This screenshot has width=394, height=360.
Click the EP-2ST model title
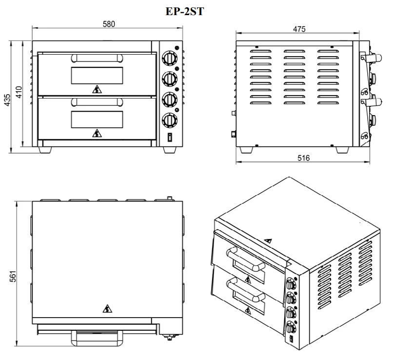(x=185, y=12)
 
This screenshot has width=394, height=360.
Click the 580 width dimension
(x=109, y=24)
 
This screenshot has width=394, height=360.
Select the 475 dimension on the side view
(x=299, y=29)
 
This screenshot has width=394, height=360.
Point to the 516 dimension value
(x=303, y=158)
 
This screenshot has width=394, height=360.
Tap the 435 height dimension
(x=7, y=100)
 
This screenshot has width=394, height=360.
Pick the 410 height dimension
(x=19, y=92)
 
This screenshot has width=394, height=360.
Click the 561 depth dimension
(x=13, y=276)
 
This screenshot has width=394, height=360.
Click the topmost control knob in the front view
(x=170, y=59)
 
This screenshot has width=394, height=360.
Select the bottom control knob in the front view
(x=170, y=120)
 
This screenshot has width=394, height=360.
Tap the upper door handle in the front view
(x=97, y=59)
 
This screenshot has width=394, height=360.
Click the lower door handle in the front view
(x=97, y=102)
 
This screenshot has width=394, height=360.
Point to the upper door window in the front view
(x=97, y=76)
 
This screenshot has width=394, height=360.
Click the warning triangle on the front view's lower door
(x=97, y=133)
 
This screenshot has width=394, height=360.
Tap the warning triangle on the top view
(x=107, y=308)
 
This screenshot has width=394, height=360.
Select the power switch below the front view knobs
(x=170, y=137)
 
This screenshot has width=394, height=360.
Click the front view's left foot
(x=45, y=150)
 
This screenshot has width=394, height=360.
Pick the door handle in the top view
(x=97, y=338)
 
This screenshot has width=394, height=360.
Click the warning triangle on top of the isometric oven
(x=268, y=241)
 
